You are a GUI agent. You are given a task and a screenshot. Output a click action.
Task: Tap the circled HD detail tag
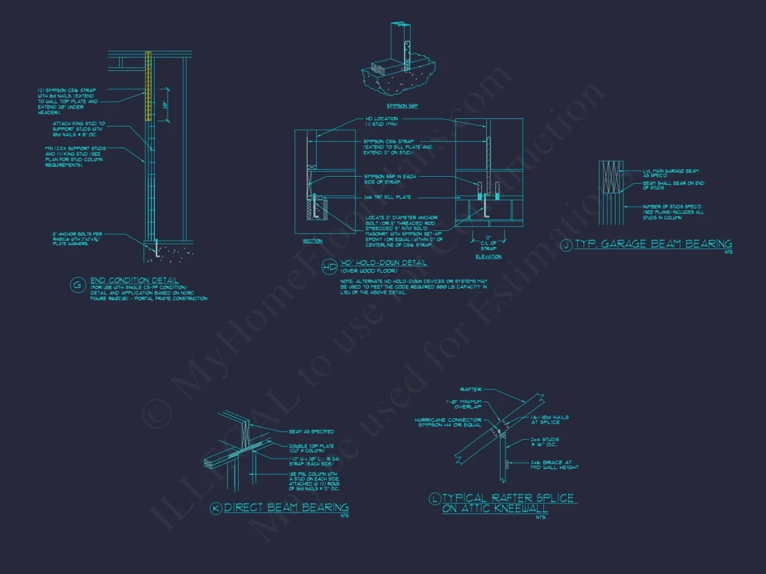[329, 267]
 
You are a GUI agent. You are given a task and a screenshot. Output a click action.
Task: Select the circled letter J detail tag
[565, 245]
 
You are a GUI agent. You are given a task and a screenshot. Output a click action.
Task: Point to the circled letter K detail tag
[216, 508]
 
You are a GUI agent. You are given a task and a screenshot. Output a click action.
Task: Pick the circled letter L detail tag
[435, 499]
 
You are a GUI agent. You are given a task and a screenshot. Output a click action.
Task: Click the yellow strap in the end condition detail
[148, 87]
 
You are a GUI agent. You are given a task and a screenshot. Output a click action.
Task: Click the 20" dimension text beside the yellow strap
[164, 104]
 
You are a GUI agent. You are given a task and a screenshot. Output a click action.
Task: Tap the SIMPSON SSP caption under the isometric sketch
[398, 106]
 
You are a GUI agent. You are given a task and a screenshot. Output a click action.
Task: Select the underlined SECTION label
[312, 241]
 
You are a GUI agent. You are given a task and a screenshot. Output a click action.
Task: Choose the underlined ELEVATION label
[488, 257]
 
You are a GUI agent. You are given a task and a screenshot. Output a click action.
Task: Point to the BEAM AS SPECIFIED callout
[311, 431]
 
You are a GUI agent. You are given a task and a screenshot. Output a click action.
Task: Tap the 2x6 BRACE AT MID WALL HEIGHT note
[554, 465]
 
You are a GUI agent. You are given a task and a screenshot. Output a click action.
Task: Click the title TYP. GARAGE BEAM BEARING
[653, 244]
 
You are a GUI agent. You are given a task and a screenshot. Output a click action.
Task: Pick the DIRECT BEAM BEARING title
[286, 507]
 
